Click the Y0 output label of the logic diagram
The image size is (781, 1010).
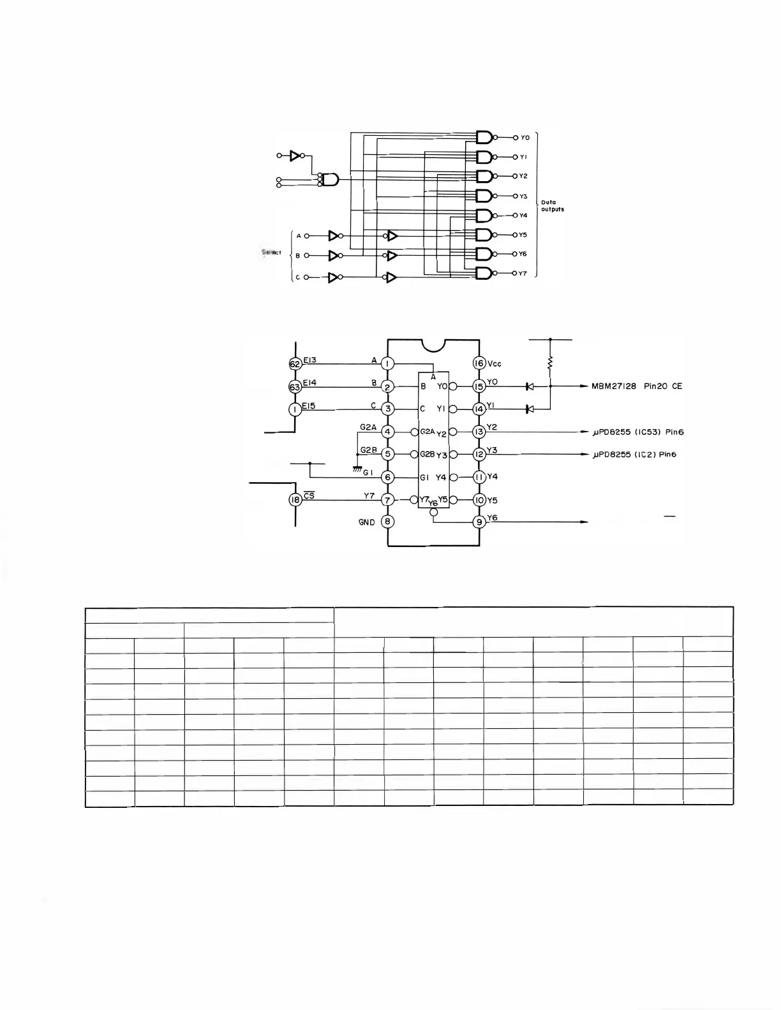525,138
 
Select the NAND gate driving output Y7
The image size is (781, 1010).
484,274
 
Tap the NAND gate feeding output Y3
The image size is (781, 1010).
484,196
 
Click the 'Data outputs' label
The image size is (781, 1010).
553,206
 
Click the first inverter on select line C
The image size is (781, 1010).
333,277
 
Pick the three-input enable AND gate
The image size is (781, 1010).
330,179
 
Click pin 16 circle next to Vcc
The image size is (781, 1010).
479,363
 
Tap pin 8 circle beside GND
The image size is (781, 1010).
387,522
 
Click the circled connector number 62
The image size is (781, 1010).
295,364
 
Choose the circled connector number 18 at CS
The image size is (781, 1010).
295,500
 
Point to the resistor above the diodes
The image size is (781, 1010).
550,363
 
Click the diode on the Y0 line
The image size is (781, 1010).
529,386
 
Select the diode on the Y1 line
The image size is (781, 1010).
529,409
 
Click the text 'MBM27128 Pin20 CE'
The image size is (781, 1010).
632,386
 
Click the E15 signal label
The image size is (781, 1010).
309,406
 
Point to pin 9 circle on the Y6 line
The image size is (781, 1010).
479,522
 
